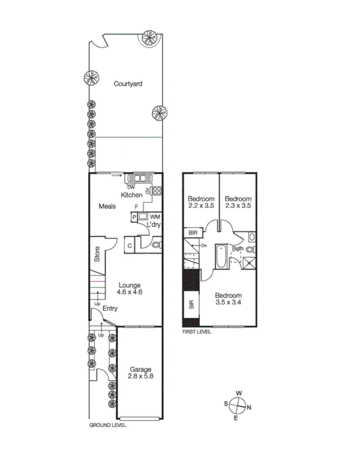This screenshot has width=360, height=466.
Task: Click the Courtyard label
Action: coord(127,84)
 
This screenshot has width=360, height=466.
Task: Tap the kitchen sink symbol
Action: coord(138,178)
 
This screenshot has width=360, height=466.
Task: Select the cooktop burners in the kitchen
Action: coord(157,191)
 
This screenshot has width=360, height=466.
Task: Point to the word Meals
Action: coord(108,206)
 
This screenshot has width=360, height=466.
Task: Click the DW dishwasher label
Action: coord(131,187)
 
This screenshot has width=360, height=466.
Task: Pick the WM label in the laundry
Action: coord(154,216)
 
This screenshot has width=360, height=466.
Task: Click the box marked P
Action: coord(134,217)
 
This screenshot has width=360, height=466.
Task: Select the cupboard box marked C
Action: coord(130,245)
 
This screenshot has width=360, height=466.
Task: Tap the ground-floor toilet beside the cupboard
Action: coord(155,245)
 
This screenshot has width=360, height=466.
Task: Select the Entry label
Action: coord(110,309)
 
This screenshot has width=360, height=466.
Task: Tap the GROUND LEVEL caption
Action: coord(108,425)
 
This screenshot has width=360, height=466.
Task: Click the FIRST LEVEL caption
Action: coord(197,332)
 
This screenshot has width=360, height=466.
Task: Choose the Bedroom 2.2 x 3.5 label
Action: coord(201,202)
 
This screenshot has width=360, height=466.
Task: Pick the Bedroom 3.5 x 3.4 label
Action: coord(228,299)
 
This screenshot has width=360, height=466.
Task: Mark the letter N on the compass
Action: coord(250,407)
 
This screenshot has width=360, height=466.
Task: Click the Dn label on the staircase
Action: coord(204,246)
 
